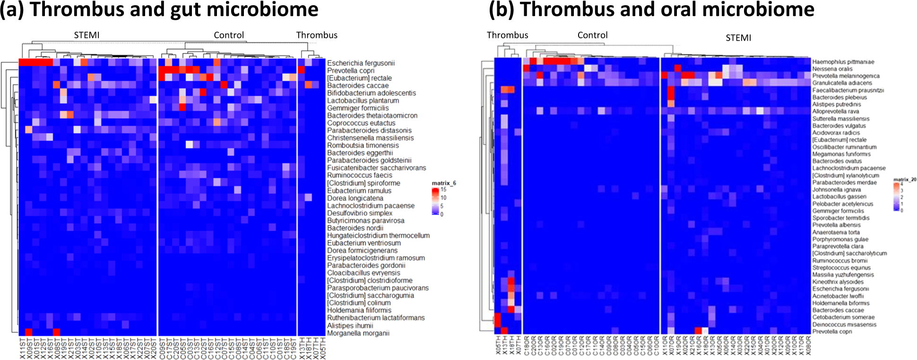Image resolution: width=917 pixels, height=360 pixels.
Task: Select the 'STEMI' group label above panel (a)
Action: click(x=87, y=35)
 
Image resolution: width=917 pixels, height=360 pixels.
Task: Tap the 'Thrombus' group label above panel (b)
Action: click(x=507, y=35)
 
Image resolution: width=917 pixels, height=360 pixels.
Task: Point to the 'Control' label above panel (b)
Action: click(x=592, y=35)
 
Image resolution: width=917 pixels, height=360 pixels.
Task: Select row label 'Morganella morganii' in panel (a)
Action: click(x=358, y=334)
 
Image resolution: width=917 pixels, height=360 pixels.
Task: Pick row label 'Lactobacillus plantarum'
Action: click(x=363, y=101)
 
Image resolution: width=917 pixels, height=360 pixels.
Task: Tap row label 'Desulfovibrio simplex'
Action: click(x=359, y=213)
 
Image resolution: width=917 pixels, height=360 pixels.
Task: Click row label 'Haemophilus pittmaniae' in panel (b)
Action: click(x=843, y=62)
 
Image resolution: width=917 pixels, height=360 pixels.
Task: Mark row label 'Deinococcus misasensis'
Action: click(x=844, y=325)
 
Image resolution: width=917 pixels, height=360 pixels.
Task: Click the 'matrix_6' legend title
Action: click(x=443, y=183)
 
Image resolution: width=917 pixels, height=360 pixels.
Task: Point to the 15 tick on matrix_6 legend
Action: click(x=443, y=189)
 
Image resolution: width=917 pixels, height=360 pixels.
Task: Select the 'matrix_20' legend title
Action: click(x=904, y=180)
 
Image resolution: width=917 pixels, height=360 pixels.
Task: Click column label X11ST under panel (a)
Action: click(x=23, y=348)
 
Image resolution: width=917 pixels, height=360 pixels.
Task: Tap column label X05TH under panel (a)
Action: click(x=323, y=348)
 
